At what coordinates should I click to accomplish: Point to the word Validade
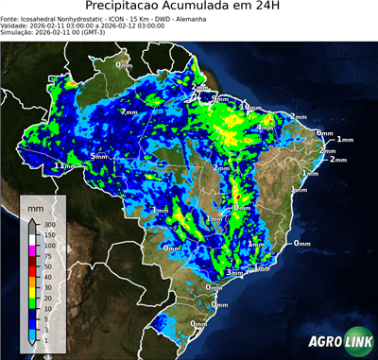17,26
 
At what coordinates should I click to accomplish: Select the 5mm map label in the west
99,155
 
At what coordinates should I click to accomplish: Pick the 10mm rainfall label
250,108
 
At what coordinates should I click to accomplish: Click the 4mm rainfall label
266,128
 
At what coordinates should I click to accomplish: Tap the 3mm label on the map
232,272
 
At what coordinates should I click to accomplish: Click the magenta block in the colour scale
32,251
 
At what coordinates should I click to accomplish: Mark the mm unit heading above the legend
35,205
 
